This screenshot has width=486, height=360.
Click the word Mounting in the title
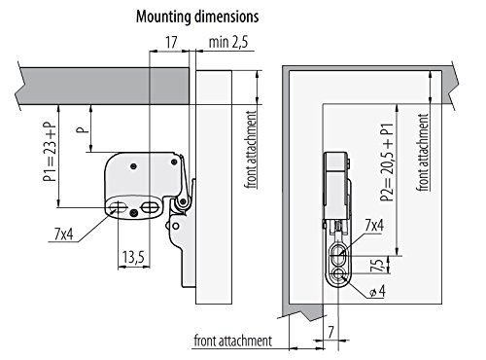162,17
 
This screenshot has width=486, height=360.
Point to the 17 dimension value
171,43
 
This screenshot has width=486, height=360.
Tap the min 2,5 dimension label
228,43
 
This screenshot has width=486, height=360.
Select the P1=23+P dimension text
50,152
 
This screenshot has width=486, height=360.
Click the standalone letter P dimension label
83,128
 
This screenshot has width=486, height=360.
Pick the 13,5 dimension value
133,258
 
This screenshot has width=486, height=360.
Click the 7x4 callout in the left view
63,234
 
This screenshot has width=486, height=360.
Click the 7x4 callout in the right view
374,225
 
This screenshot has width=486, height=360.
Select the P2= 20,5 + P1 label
387,162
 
